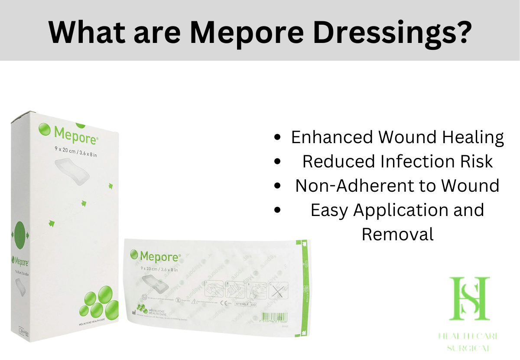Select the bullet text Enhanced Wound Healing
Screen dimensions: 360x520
(397, 137)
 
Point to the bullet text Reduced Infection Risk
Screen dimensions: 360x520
(397, 161)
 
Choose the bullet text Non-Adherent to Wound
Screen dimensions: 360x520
(397, 186)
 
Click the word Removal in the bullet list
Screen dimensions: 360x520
(397, 234)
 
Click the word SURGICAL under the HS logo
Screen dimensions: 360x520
(470, 348)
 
